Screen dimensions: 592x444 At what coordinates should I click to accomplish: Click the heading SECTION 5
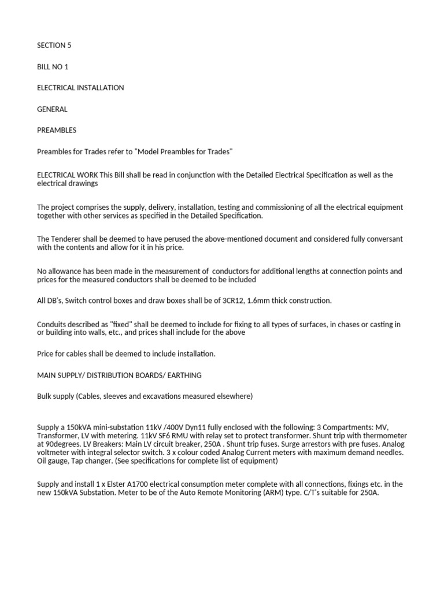[54, 45]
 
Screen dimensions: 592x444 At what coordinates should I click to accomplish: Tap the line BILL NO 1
[53, 66]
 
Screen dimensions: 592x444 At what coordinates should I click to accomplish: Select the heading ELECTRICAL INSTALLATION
[80, 88]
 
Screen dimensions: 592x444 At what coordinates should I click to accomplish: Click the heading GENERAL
[53, 109]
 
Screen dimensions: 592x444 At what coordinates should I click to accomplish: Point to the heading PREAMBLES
[57, 130]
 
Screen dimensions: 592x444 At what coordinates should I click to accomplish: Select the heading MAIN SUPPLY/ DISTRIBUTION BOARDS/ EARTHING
[119, 375]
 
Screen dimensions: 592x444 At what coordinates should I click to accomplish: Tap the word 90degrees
[65, 445]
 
